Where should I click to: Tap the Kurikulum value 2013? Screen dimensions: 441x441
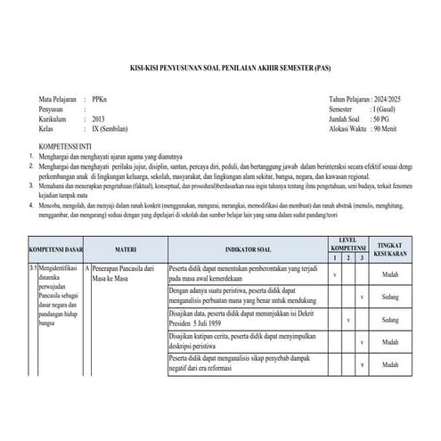[x=97, y=118]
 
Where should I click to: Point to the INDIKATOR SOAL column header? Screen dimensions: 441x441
[x=246, y=249]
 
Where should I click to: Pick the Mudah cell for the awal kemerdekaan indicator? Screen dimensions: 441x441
[x=389, y=275]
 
